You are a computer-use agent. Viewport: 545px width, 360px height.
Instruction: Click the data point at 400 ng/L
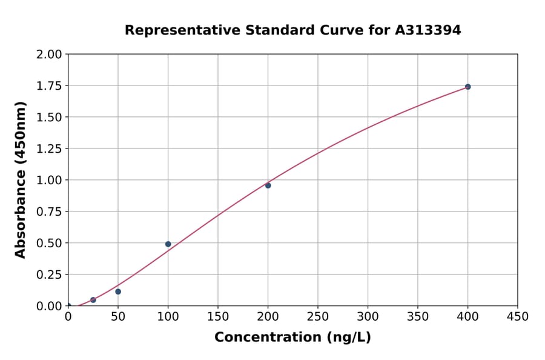pos(467,87)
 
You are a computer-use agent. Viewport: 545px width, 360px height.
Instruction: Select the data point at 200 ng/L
pos(268,185)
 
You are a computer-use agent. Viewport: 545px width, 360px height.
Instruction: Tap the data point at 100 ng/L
pos(168,244)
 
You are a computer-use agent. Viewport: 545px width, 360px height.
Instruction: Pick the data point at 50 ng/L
pos(118,292)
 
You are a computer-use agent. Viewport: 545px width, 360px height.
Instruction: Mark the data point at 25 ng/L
pos(93,300)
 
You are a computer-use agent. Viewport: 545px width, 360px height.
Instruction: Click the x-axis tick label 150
pos(218,317)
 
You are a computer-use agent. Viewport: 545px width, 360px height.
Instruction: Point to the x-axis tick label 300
pos(368,317)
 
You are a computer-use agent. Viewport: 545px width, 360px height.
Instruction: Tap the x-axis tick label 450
pos(518,317)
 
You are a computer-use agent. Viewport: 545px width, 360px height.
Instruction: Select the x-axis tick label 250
pos(318,317)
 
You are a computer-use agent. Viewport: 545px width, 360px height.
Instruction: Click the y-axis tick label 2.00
pos(50,55)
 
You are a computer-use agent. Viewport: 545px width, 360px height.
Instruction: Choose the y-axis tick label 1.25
pos(50,148)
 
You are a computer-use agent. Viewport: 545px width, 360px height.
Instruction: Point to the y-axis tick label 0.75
pos(50,212)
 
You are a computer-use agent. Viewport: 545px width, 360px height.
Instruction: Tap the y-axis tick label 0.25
pos(50,275)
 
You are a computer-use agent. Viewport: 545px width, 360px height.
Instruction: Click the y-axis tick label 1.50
pos(50,117)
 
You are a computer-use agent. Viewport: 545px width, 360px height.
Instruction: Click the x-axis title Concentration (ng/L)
pos(292,338)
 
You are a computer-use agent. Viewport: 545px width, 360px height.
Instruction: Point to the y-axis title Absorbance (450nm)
pos(21,179)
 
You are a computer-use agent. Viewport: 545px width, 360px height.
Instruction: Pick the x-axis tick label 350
pos(418,317)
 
